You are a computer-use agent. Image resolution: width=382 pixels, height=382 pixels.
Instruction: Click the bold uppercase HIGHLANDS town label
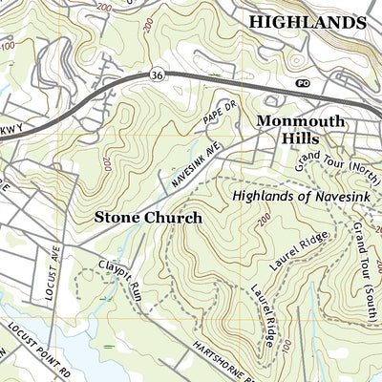tap(307, 22)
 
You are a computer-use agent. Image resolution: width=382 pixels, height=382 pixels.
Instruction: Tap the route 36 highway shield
tap(158, 73)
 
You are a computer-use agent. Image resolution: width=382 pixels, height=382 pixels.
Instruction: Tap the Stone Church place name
tap(147, 218)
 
